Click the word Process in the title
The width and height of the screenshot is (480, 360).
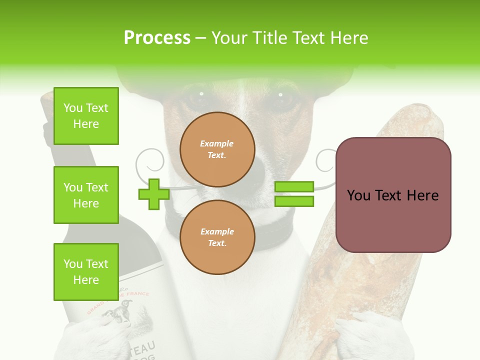(x=157, y=38)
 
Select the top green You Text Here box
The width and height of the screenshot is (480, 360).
(x=86, y=116)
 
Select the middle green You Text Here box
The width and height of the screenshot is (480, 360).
(x=86, y=195)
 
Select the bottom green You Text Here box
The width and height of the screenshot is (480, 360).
(x=86, y=271)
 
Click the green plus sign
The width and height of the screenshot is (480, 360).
(x=154, y=194)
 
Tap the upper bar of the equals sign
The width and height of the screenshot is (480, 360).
(x=294, y=186)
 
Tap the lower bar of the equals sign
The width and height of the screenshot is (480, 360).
(x=294, y=201)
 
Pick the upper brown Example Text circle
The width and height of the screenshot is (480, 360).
(x=217, y=149)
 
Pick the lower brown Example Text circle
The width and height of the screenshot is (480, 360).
(x=217, y=237)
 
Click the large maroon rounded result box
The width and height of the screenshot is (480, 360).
(x=393, y=195)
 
